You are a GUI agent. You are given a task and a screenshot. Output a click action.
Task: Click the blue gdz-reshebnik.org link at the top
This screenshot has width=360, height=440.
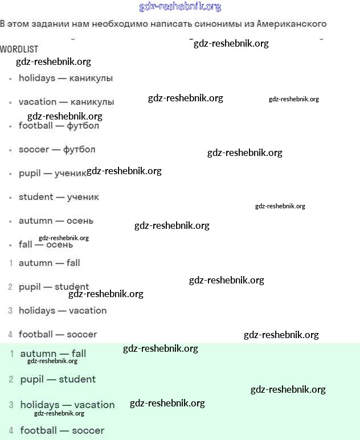click(x=180, y=7)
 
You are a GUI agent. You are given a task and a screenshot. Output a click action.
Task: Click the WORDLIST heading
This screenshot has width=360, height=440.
click(x=19, y=50)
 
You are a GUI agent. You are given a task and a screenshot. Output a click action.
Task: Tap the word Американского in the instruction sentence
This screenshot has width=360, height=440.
click(x=292, y=24)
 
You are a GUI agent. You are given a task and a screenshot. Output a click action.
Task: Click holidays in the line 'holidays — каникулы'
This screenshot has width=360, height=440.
click(x=37, y=78)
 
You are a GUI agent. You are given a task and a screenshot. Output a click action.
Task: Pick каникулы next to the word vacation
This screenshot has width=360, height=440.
click(x=92, y=102)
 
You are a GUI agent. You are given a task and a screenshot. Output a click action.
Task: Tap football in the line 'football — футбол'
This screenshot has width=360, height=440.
click(x=35, y=126)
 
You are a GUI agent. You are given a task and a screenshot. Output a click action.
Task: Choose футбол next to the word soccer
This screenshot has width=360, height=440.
click(x=79, y=150)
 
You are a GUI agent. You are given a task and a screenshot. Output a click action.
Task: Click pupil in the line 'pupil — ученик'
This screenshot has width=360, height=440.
click(x=30, y=173)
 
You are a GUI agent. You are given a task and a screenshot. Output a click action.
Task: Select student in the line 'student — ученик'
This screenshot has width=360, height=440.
click(x=36, y=197)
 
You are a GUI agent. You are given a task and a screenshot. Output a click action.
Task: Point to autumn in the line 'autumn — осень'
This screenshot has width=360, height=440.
click(x=35, y=221)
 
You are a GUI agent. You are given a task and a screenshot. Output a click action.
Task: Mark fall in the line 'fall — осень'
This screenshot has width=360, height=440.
click(x=26, y=245)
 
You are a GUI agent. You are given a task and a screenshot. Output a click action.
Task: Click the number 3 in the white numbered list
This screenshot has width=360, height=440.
click(x=10, y=311)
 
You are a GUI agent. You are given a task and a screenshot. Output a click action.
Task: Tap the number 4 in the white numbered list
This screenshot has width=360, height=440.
click(x=10, y=335)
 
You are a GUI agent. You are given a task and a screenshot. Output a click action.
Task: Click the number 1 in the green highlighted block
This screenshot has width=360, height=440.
click(x=11, y=354)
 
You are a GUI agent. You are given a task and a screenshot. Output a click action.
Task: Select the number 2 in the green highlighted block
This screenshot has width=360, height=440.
click(x=11, y=379)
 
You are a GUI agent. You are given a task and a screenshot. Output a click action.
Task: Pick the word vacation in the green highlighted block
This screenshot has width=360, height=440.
click(x=95, y=405)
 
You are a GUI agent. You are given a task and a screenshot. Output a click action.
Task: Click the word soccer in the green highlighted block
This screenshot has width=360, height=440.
click(x=88, y=430)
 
